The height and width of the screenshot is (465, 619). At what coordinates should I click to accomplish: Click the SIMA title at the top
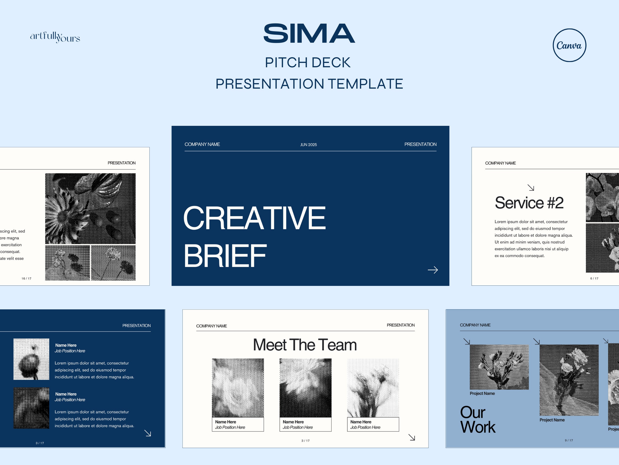pos(309,33)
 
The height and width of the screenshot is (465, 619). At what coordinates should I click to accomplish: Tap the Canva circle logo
pos(569,45)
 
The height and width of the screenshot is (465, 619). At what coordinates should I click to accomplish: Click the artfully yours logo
pos(55,37)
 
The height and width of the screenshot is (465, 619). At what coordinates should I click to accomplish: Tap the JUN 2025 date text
pos(308,145)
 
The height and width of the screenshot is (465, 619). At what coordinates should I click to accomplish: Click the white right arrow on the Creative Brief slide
pos(433,270)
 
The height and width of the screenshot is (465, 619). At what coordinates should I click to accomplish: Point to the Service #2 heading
pos(529,203)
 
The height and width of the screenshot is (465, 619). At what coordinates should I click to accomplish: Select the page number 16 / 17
pos(27,278)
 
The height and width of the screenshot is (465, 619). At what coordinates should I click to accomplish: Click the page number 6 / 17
pos(594,278)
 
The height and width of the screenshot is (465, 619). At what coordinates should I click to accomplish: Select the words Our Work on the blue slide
pos(477,420)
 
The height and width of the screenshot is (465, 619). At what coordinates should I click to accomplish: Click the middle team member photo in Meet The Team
pos(305,388)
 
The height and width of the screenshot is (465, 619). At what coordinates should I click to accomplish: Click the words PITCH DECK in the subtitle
pos(307,62)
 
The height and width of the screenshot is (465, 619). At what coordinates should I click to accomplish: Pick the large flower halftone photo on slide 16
pos(90,209)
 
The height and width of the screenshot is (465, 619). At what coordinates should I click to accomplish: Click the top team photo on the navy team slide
pos(31,359)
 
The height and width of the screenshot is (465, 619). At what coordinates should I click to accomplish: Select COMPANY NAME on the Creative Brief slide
pos(202,144)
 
